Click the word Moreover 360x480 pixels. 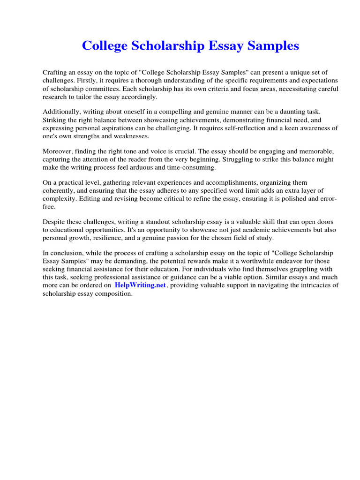pos(59,151)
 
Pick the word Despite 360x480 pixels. pos(55,222)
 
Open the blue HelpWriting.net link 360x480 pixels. pos(140,285)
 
